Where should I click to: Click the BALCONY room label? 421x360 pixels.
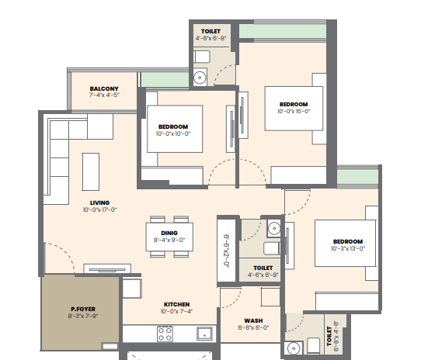104,88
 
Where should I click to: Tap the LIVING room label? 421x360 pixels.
100,202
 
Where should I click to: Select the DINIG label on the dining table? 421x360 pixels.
169,233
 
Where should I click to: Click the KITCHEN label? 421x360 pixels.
176,304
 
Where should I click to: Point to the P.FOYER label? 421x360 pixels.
83,310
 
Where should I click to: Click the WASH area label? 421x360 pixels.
253,321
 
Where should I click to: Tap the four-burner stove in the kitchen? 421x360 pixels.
165,334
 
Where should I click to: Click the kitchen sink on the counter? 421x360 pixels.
204,334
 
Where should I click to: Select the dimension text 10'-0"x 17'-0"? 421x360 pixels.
100,209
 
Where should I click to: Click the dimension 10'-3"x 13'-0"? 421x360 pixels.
348,249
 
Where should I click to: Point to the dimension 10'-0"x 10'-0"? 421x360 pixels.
173,133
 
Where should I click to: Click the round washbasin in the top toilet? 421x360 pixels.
200,78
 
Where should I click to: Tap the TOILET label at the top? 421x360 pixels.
210,31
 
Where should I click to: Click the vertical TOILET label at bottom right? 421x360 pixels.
329,336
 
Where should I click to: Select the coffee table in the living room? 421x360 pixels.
91,172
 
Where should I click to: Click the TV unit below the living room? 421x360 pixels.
107,268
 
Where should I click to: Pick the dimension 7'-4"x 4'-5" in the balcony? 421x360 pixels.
104,95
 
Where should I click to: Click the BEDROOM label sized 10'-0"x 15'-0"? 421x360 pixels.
294,104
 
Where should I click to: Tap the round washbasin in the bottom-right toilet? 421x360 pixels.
294,348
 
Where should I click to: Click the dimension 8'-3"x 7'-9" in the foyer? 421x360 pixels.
83,316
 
